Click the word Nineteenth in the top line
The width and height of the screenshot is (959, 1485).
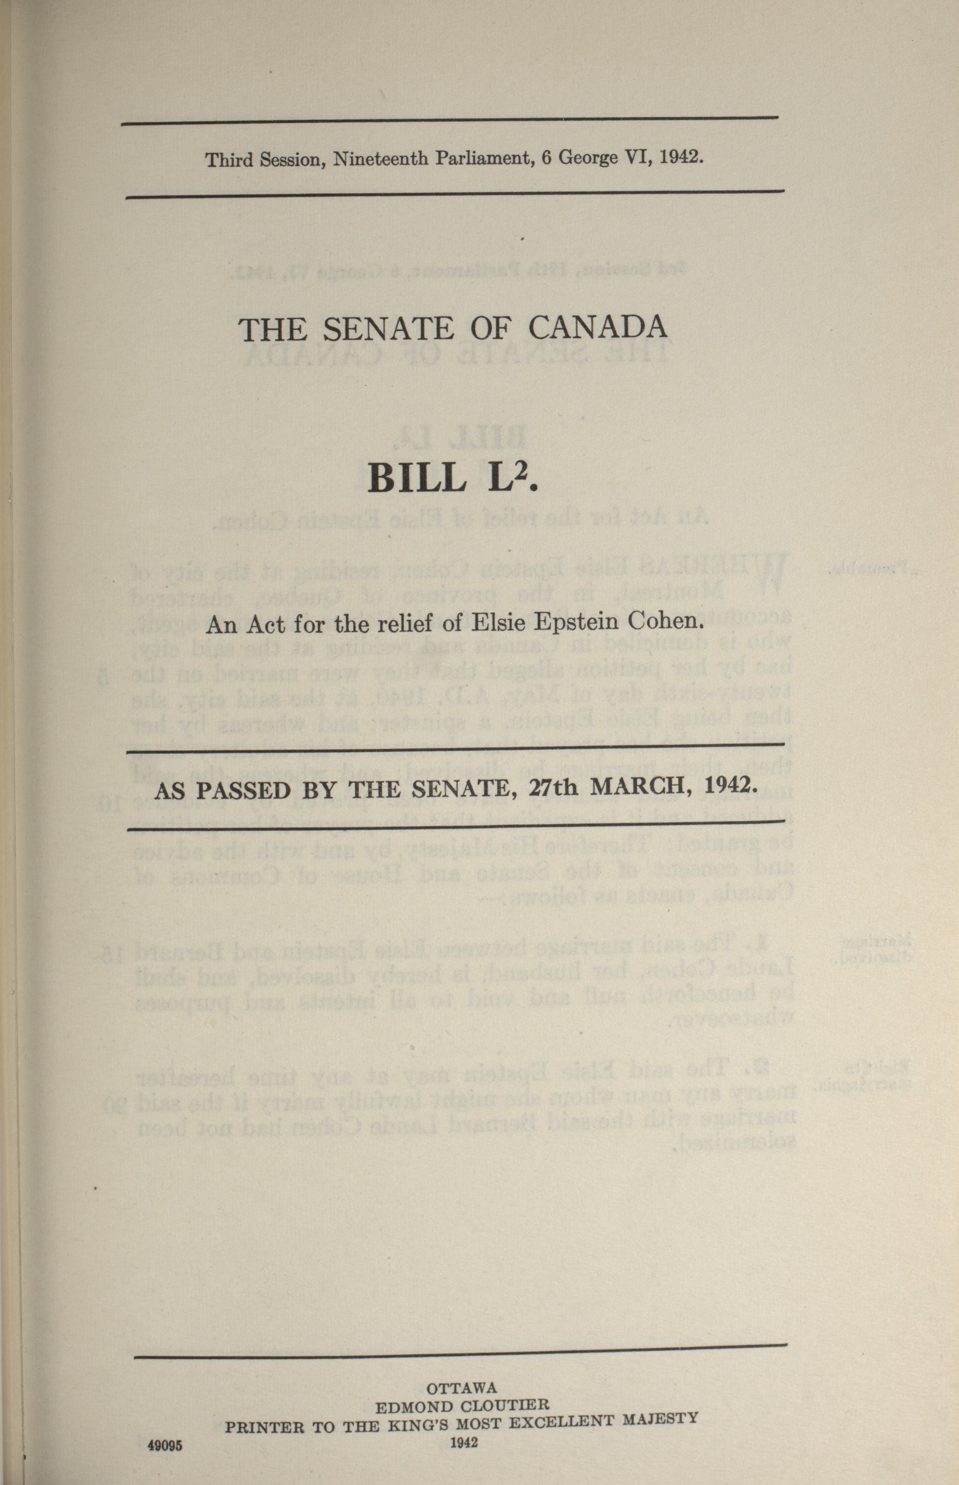click(380, 159)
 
